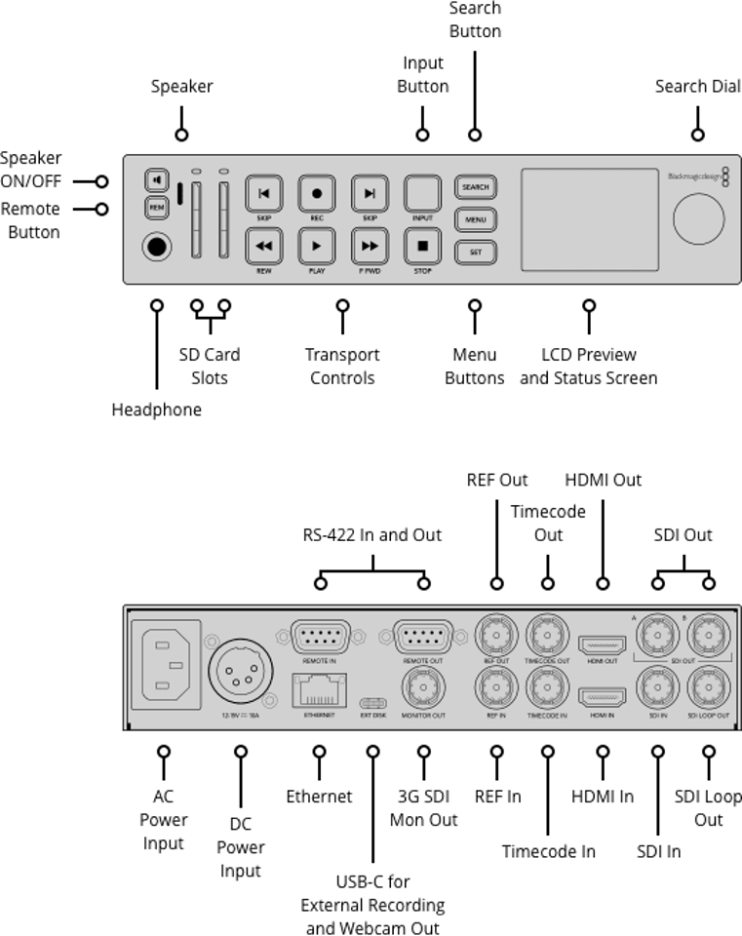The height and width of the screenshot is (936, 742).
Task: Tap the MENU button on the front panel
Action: pyautogui.click(x=475, y=219)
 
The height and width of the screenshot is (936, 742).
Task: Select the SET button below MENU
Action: pyautogui.click(x=475, y=252)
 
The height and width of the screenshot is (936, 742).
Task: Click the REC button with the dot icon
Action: pyautogui.click(x=316, y=193)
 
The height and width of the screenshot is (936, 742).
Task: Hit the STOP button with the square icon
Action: pyautogui.click(x=422, y=246)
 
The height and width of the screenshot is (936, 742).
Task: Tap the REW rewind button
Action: pyautogui.click(x=263, y=246)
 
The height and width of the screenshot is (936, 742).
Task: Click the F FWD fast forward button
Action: pyautogui.click(x=370, y=246)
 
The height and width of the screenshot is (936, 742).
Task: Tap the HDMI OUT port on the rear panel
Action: pyautogui.click(x=603, y=644)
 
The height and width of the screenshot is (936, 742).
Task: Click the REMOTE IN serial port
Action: pyautogui.click(x=319, y=639)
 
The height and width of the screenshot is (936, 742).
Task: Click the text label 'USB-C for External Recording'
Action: pyautogui.click(x=372, y=893)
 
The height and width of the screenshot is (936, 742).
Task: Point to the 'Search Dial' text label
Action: pyautogui.click(x=697, y=87)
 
